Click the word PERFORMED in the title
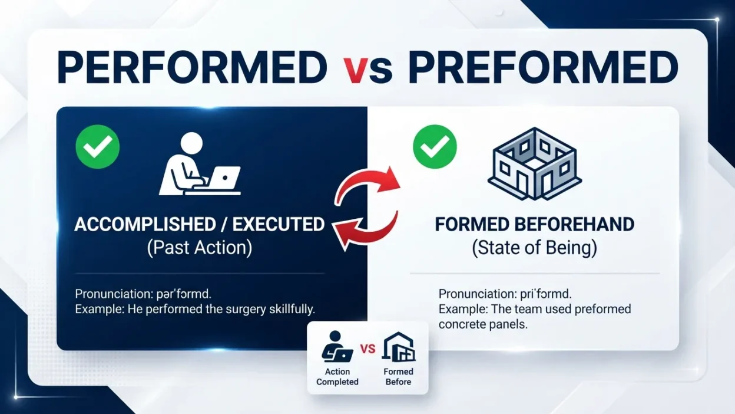tap(192, 68)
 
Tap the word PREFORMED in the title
tap(543, 68)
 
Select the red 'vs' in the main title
tap(367, 70)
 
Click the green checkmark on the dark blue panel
tap(97, 146)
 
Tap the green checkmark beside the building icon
tap(435, 146)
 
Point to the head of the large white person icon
tap(191, 143)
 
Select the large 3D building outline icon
tap(535, 163)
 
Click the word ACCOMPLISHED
tap(145, 225)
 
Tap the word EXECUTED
tap(279, 225)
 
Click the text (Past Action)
tap(200, 248)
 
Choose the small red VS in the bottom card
tap(368, 349)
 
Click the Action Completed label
tap(337, 376)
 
